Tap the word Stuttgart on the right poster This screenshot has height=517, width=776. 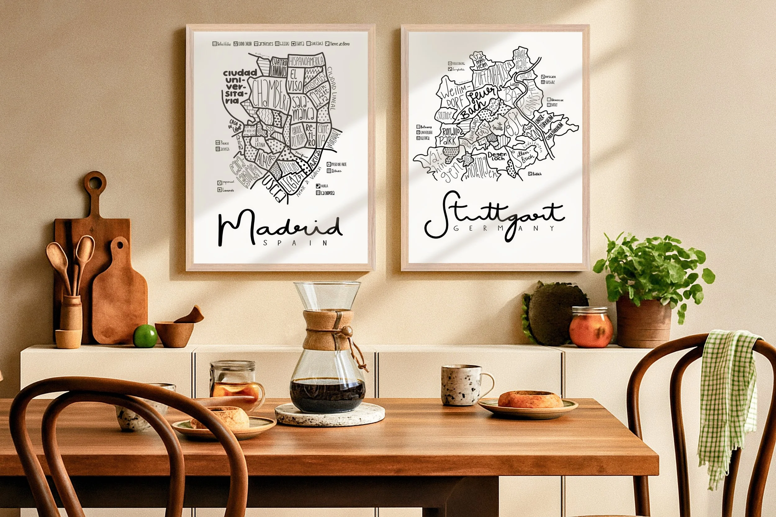pos(494,216)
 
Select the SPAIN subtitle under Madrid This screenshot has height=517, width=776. pos(295,243)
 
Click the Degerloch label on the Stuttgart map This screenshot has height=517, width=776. pos(496,156)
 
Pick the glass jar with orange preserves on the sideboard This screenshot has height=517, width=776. pos(591,327)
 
